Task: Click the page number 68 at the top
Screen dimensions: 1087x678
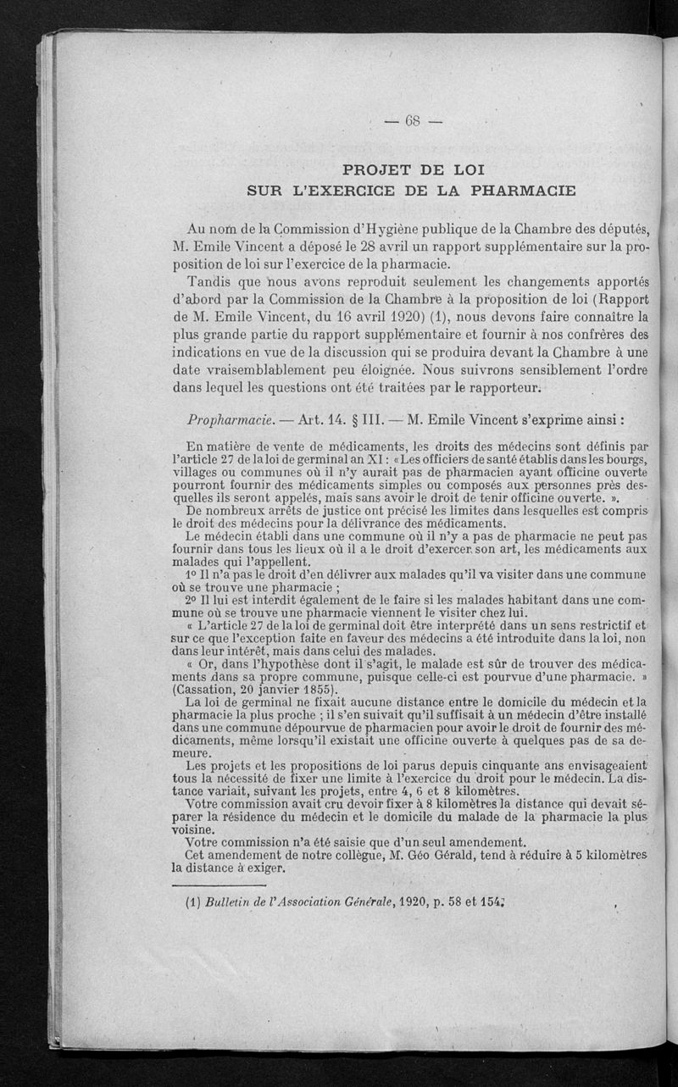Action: click(413, 120)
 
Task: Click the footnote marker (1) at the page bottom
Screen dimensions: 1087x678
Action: click(192, 903)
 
